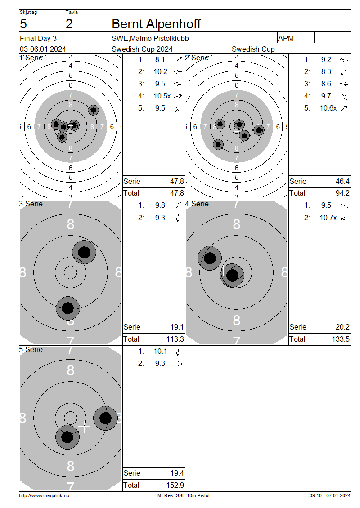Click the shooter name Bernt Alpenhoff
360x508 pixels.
(x=156, y=24)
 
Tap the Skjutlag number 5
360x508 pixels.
(x=23, y=24)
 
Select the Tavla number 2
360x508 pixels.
(x=69, y=24)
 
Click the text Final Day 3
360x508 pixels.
(x=38, y=38)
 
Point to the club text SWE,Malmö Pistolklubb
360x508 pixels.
(x=150, y=38)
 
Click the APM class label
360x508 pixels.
(x=286, y=38)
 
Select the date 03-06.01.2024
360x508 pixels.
(x=43, y=49)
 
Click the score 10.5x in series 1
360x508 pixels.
(x=162, y=96)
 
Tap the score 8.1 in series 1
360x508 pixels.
(x=160, y=60)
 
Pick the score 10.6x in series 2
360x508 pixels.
(x=328, y=108)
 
